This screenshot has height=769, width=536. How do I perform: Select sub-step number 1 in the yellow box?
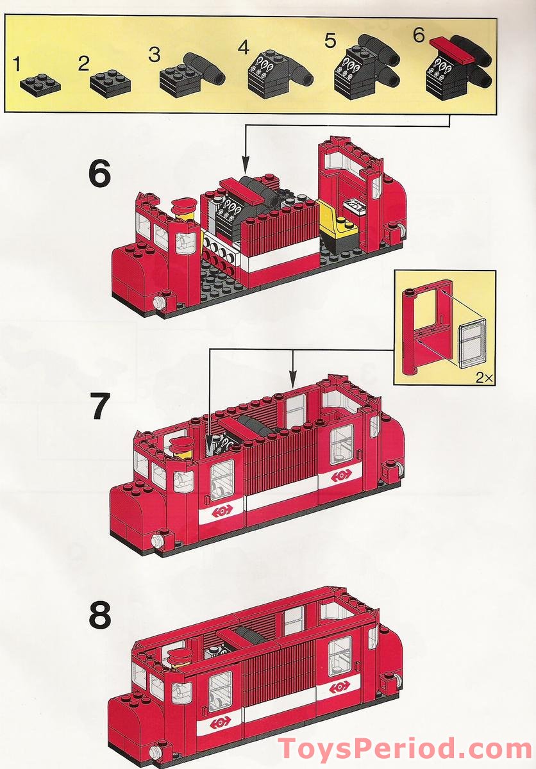pyautogui.click(x=17, y=64)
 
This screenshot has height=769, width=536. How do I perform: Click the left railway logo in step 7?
pyautogui.click(x=222, y=510)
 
